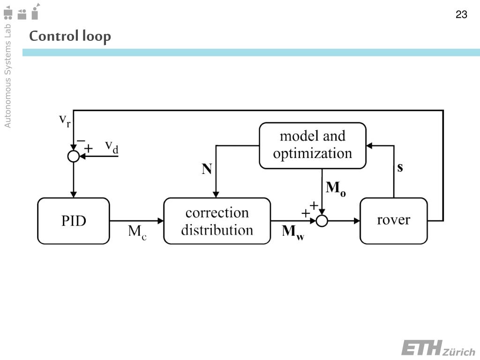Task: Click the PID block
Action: pos(74,221)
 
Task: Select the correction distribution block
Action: pos(217,221)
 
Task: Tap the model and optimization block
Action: pos(312,145)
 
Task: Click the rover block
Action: pos(393,221)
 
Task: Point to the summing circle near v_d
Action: pos(74,156)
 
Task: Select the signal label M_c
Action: pos(137,232)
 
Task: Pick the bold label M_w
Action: pos(292,232)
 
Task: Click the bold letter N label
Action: pos(207,169)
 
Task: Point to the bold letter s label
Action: pos(400,168)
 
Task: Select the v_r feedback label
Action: pos(65,120)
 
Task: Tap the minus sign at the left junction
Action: pos(81,140)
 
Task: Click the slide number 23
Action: pos(461,15)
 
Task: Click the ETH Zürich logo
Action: pos(438,349)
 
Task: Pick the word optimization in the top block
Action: pos(312,154)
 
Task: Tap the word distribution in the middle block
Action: pos(217,230)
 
